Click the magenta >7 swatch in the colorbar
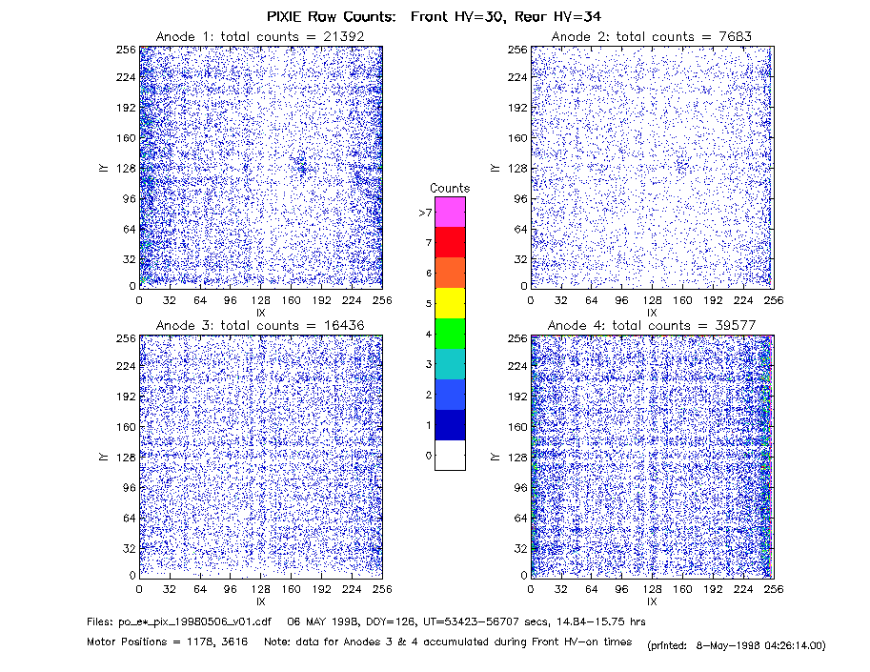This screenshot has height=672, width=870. click(x=450, y=212)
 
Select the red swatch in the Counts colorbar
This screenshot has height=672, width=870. click(x=450, y=242)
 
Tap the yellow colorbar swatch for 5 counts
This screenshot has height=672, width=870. click(x=450, y=303)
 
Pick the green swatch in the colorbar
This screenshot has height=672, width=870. click(x=450, y=334)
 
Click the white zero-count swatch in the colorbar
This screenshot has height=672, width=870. click(x=450, y=455)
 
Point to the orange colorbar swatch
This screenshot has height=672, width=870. click(x=450, y=273)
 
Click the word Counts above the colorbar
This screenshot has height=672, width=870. click(x=450, y=188)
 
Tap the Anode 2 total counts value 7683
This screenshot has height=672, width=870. click(x=736, y=36)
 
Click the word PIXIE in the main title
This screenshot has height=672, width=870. click(x=284, y=16)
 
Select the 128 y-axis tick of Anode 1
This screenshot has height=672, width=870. click(x=126, y=168)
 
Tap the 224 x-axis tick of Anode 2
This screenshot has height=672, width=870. click(x=743, y=300)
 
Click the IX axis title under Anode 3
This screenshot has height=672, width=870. click(x=261, y=601)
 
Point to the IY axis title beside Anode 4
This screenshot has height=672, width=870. click(x=495, y=457)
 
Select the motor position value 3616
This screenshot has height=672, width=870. click(x=236, y=642)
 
